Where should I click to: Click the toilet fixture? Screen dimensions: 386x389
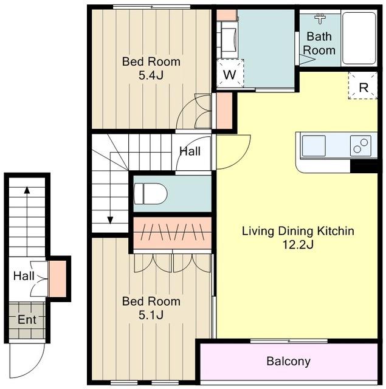click(x=150, y=194)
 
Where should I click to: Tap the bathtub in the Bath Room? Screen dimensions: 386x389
click(x=359, y=38)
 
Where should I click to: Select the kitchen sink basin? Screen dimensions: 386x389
click(x=314, y=146)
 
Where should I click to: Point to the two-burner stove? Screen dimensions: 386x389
click(x=360, y=146)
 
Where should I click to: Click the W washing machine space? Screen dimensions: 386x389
click(x=230, y=74)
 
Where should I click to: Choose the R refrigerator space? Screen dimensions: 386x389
click(x=363, y=86)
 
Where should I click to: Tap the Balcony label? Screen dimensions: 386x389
click(x=289, y=361)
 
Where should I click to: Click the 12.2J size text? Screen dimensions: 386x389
click(x=298, y=245)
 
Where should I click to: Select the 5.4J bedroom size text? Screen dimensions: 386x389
click(x=151, y=75)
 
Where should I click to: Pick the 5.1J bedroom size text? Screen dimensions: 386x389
click(x=151, y=315)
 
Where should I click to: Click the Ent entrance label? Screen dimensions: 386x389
click(x=27, y=320)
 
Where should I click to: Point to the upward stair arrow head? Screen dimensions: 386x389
click(x=27, y=190)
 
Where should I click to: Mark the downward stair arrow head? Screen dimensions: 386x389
click(x=110, y=220)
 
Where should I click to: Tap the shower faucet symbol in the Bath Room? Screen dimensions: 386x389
click(x=320, y=19)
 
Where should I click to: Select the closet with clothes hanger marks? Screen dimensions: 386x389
click(x=173, y=233)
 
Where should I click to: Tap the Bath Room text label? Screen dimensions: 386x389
click(x=319, y=43)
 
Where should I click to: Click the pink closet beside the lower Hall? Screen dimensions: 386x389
click(x=58, y=278)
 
